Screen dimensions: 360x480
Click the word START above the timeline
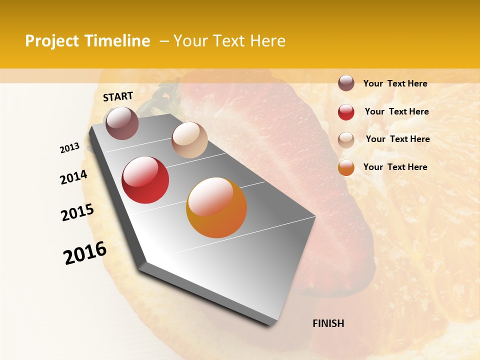pyautogui.click(x=118, y=96)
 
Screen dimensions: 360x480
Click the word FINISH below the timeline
pyautogui.click(x=328, y=323)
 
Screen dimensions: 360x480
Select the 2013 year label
pyautogui.click(x=70, y=148)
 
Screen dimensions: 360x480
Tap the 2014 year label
pyautogui.click(x=73, y=177)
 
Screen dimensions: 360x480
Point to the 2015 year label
pyautogui.click(x=77, y=212)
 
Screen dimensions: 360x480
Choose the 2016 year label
pyautogui.click(x=85, y=253)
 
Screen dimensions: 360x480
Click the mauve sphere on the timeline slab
pyautogui.click(x=122, y=123)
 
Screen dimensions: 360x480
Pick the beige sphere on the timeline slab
pyautogui.click(x=189, y=140)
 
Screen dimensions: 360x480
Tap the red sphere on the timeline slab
pyautogui.click(x=145, y=180)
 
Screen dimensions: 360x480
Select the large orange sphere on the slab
pyautogui.click(x=216, y=207)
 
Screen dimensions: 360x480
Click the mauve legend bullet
pyautogui.click(x=346, y=83)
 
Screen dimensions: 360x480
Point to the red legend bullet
pyautogui.click(x=346, y=112)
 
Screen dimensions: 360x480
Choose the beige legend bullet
pyautogui.click(x=346, y=140)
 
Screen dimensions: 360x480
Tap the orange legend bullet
pyautogui.click(x=346, y=167)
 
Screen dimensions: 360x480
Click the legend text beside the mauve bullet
pyautogui.click(x=395, y=83)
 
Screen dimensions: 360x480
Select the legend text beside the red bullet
pyautogui.click(x=396, y=111)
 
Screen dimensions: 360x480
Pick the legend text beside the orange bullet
pyautogui.click(x=395, y=167)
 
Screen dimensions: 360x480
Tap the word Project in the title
pyautogui.click(x=51, y=41)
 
